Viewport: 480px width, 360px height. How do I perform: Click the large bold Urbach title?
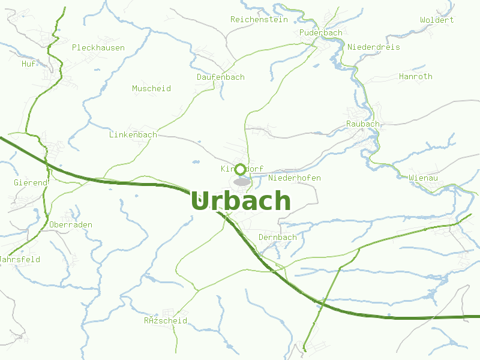pyautogui.click(x=241, y=201)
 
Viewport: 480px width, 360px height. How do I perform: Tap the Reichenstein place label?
pyautogui.click(x=259, y=20)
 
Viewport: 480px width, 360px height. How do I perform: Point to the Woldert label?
pyautogui.click(x=437, y=20)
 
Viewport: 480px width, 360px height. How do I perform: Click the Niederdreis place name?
pyautogui.click(x=373, y=47)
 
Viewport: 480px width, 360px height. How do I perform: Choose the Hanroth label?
pyautogui.click(x=415, y=76)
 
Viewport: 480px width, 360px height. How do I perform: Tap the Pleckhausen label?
pyautogui.click(x=98, y=47)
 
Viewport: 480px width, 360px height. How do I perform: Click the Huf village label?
pyautogui.click(x=28, y=64)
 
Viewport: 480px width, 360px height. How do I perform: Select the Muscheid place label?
pyautogui.click(x=151, y=88)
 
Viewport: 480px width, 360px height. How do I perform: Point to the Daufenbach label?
pyautogui.click(x=221, y=77)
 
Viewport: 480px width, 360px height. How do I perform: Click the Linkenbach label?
pyautogui.click(x=133, y=134)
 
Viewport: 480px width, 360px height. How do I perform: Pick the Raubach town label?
pyautogui.click(x=363, y=124)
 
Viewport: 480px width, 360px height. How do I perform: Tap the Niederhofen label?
pyautogui.click(x=295, y=178)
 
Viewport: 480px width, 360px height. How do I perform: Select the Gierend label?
pyautogui.click(x=30, y=182)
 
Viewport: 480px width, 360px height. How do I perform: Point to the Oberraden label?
pyautogui.click(x=71, y=224)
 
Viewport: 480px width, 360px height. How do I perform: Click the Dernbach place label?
pyautogui.click(x=277, y=237)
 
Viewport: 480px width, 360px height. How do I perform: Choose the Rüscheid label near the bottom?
pyautogui.click(x=165, y=321)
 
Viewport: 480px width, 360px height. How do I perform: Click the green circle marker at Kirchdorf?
pyautogui.click(x=241, y=169)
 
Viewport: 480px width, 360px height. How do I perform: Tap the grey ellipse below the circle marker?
pyautogui.click(x=242, y=181)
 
